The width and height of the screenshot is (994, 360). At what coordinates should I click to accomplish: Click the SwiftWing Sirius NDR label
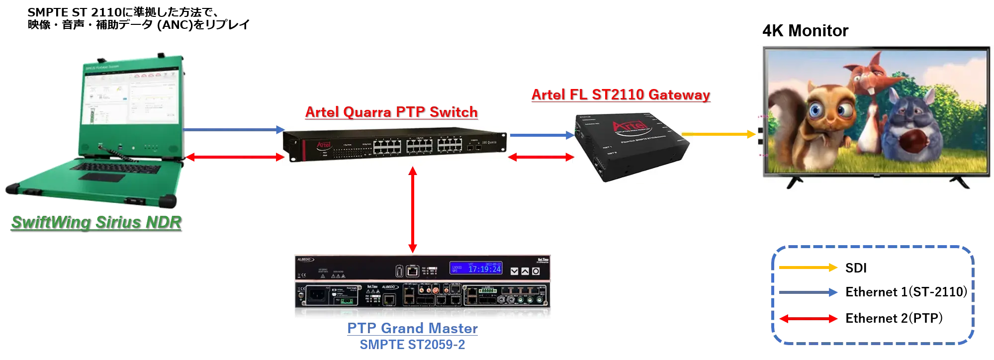(x=96, y=222)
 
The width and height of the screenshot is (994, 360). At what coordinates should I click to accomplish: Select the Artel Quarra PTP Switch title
(x=391, y=112)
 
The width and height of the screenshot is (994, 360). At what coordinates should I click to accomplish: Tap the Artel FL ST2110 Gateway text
(x=620, y=94)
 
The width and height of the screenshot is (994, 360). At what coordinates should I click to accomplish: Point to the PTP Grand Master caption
(x=412, y=330)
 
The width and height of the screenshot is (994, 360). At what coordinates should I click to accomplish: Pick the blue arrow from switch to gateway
(x=542, y=135)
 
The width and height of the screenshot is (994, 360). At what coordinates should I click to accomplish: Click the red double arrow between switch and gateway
(x=542, y=158)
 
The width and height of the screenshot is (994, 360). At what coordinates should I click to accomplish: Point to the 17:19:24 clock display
(x=484, y=269)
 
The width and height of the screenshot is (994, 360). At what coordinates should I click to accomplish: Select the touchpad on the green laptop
(x=99, y=178)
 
